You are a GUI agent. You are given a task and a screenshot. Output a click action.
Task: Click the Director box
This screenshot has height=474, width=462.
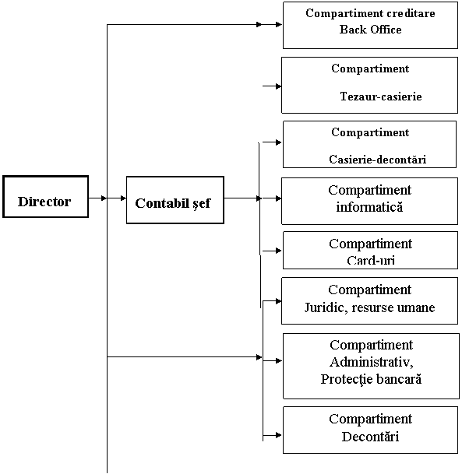pos(46,196)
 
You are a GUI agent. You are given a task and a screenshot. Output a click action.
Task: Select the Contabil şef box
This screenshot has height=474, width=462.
pos(175,200)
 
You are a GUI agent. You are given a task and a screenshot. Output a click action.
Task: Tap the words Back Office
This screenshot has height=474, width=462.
pos(370,30)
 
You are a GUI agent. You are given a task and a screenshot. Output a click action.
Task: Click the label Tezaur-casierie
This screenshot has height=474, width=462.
pos(381,97)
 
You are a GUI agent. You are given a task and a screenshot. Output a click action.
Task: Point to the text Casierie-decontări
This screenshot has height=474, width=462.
pos(378,160)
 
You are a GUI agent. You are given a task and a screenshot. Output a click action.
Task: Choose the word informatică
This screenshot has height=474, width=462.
pos(369,207)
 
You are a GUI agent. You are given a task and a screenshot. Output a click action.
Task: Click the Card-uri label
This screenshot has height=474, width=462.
pos(371,260)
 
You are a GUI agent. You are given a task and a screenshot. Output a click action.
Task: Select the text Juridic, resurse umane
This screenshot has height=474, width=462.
pos(369,307)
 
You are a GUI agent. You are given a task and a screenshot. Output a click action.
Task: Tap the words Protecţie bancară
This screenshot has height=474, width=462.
pos(371,379)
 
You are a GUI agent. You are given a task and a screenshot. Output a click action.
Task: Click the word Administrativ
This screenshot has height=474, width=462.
pos(371,362)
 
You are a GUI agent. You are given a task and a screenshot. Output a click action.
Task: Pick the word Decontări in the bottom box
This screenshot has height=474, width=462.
pos(370,437)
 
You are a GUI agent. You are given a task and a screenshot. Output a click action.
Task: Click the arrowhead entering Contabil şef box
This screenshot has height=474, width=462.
pos(123,198)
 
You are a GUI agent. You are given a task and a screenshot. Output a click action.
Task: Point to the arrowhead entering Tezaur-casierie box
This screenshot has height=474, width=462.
pos(278,86)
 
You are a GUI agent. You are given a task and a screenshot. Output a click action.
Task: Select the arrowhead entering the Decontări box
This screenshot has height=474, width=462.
pos(278,435)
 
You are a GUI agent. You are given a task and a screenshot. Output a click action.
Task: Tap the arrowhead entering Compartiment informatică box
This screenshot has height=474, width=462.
pos(278,198)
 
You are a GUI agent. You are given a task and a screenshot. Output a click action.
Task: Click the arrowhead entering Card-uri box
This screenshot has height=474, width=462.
pos(278,251)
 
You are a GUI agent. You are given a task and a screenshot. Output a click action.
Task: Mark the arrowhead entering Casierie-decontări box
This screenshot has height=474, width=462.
pos(278,142)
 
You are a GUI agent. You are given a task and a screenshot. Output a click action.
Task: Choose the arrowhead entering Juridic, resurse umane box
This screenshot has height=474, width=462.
pos(278,301)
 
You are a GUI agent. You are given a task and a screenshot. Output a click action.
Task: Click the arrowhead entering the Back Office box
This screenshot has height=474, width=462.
pos(279,24)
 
